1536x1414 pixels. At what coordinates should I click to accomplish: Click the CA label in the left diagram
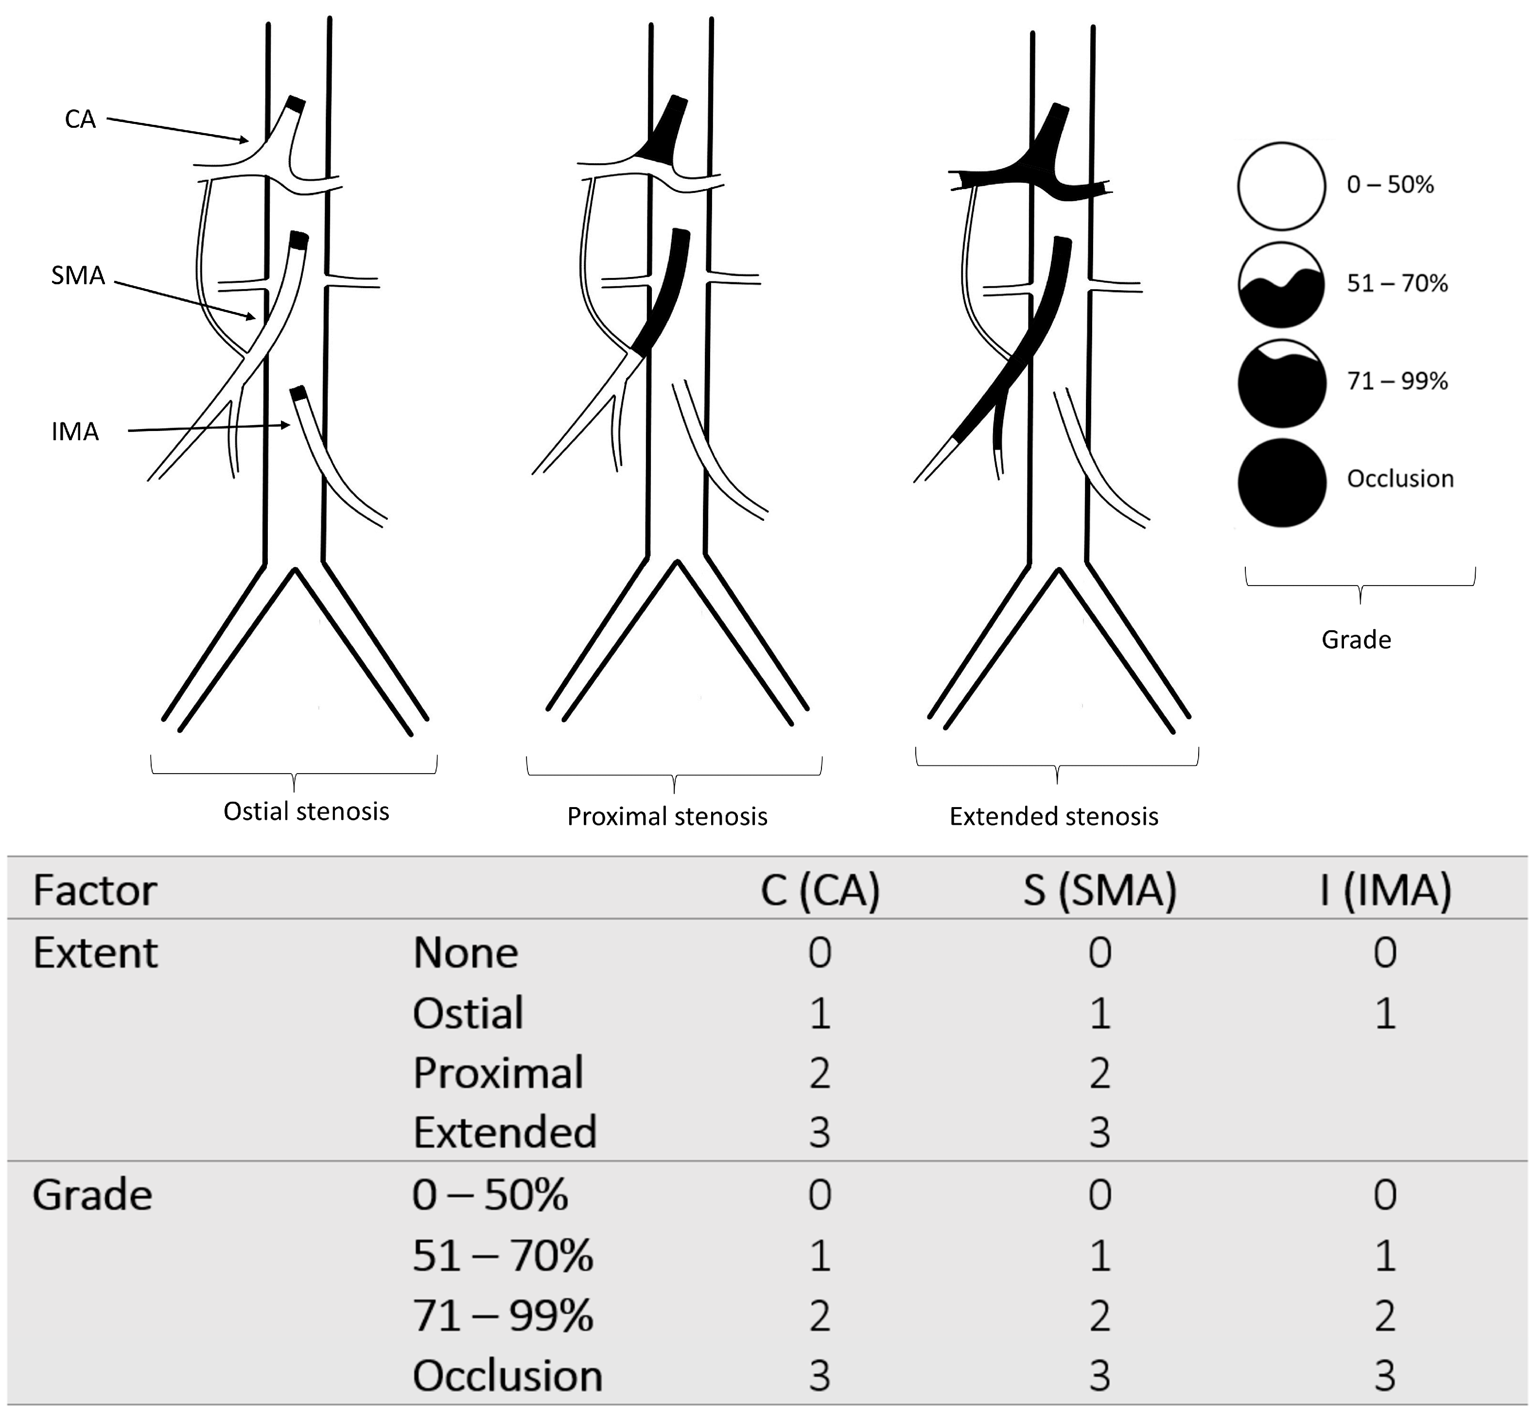tap(80, 120)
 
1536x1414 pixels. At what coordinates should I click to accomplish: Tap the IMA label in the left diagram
tap(75, 431)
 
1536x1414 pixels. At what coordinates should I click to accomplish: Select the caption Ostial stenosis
tap(306, 811)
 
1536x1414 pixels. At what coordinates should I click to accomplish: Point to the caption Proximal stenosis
tap(666, 816)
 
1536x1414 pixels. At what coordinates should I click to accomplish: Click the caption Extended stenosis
tap(1054, 816)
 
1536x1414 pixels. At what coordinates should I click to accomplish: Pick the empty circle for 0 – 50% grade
tap(1281, 186)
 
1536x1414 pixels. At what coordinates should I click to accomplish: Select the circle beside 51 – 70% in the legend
tap(1281, 285)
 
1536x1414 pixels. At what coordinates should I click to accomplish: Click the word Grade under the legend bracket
tap(1356, 639)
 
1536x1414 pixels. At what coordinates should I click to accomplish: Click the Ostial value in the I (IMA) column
tap(1385, 1014)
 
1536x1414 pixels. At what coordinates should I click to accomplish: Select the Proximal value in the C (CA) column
tap(820, 1073)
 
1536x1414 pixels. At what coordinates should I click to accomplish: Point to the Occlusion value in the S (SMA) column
tap(1100, 1376)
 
